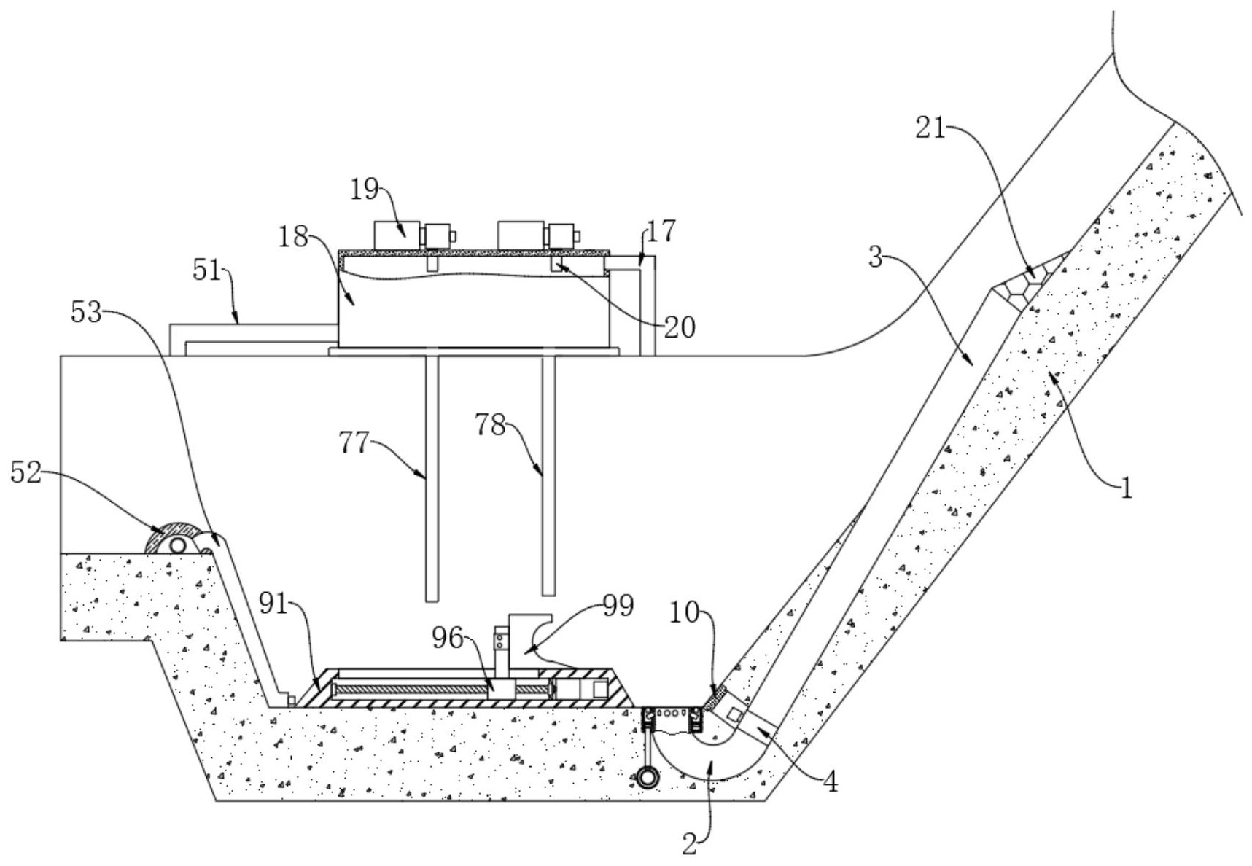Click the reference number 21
(930, 130)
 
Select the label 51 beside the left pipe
(206, 271)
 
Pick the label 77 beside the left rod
(354, 442)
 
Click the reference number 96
(446, 638)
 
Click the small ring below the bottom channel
(648, 777)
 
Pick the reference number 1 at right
(1126, 488)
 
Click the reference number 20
(680, 327)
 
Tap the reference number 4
(830, 782)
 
